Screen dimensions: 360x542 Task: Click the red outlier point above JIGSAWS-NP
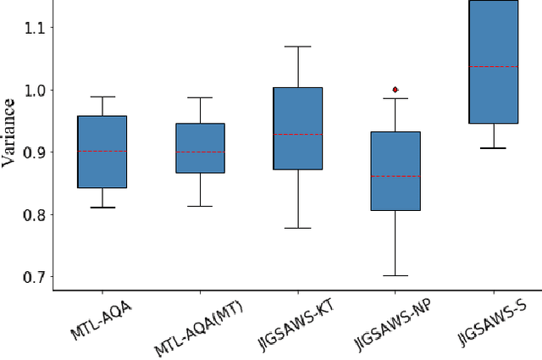[395, 89]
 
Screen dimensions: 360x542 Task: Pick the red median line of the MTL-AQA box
[102, 152]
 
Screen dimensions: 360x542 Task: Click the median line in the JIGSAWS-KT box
[297, 134]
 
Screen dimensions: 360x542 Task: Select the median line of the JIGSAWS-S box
[493, 66]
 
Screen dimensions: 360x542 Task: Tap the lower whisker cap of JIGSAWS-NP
[395, 275]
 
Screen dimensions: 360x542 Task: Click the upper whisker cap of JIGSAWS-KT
[297, 47]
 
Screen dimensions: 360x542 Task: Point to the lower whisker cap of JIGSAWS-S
[493, 148]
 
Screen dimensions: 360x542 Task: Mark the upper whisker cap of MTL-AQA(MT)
[200, 97]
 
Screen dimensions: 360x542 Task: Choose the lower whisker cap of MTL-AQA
[102, 207]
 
